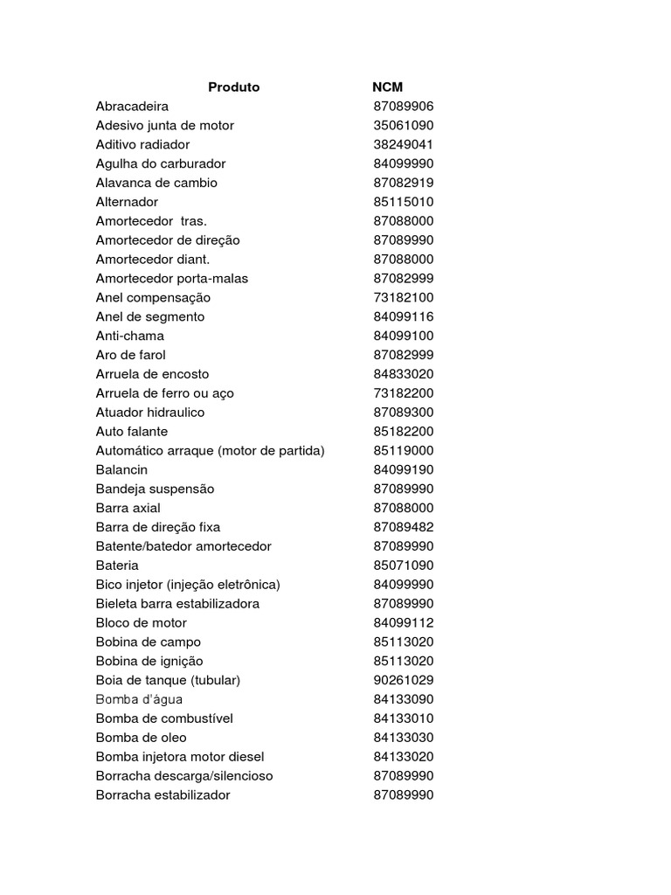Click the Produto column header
pyautogui.click(x=233, y=87)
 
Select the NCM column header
pyautogui.click(x=387, y=87)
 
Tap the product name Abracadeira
pyautogui.click(x=132, y=107)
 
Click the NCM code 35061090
pyautogui.click(x=403, y=126)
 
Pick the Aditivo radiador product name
pyautogui.click(x=142, y=145)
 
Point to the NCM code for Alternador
pyautogui.click(x=403, y=202)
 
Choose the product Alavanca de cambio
pyautogui.click(x=156, y=183)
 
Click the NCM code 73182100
pyautogui.click(x=403, y=298)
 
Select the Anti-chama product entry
pyautogui.click(x=129, y=336)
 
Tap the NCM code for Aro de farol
pyautogui.click(x=403, y=355)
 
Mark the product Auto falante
pyautogui.click(x=131, y=432)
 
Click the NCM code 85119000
pyautogui.click(x=403, y=451)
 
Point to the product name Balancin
pyautogui.click(x=121, y=470)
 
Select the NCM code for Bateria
pyautogui.click(x=403, y=565)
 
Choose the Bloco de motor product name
pyautogui.click(x=141, y=623)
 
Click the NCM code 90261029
pyautogui.click(x=403, y=680)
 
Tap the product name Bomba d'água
pyautogui.click(x=139, y=699)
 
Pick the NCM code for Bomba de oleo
pyautogui.click(x=403, y=738)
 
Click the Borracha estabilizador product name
pyautogui.click(x=163, y=795)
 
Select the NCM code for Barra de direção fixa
pyautogui.click(x=403, y=527)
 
